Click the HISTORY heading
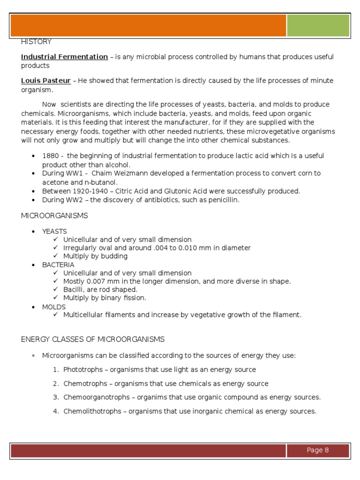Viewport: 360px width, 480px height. [36, 42]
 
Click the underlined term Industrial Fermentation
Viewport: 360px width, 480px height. [64, 57]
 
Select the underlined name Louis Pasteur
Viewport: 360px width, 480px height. [46, 81]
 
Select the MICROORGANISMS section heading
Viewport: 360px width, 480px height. [54, 216]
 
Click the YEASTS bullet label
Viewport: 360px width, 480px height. [54, 231]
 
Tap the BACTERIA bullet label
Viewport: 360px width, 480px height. [58, 264]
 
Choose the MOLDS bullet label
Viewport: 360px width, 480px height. [54, 307]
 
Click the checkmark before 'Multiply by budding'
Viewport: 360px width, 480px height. [56, 256]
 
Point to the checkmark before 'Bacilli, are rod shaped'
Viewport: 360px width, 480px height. [56, 289]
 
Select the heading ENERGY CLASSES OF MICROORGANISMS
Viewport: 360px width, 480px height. [93, 339]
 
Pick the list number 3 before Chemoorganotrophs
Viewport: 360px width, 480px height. [55, 397]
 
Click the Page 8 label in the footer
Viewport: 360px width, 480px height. [318, 450]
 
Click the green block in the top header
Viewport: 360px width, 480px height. [318, 25]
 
